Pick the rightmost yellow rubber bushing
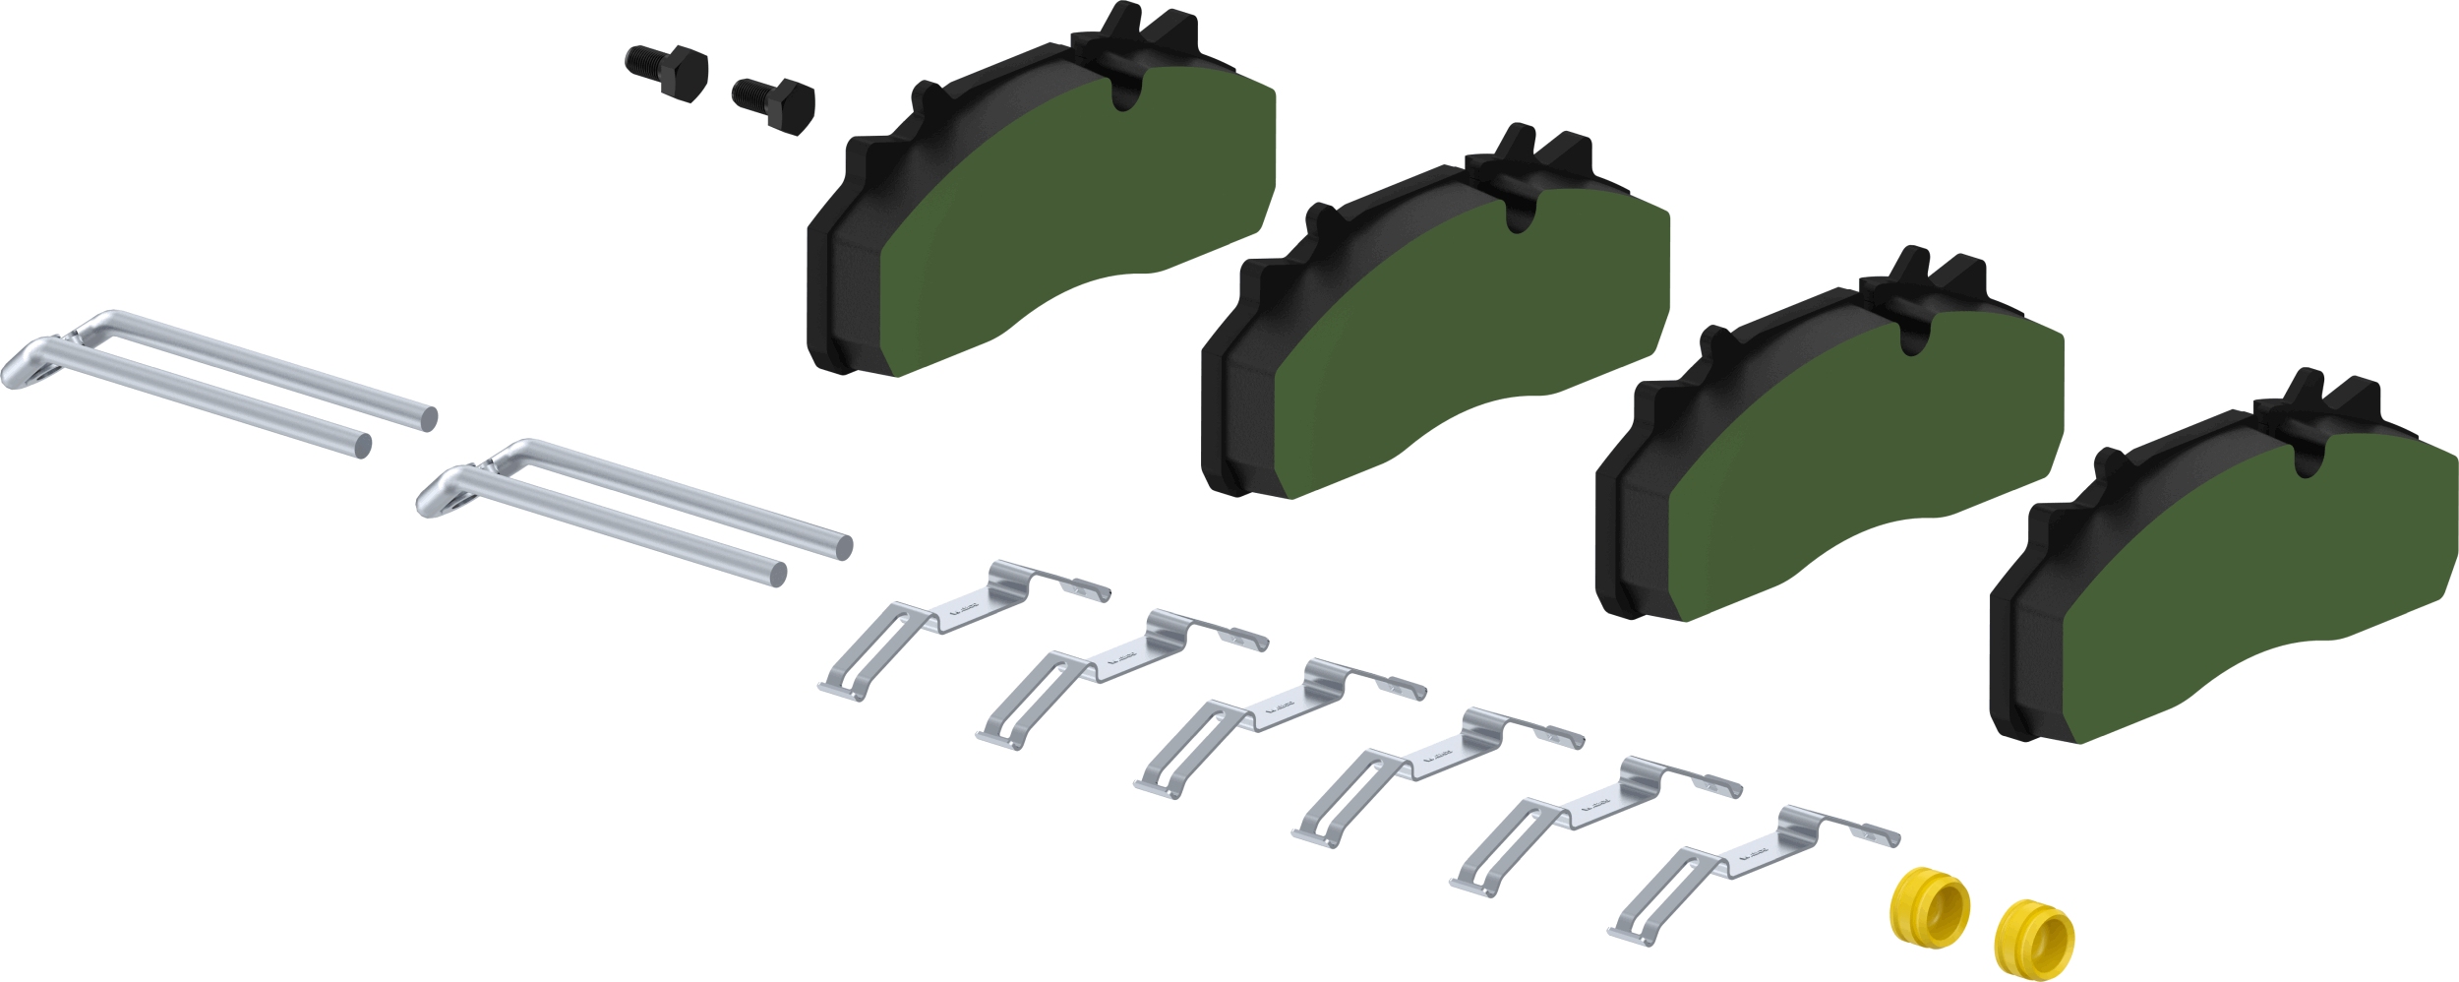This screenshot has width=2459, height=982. pos(2033,939)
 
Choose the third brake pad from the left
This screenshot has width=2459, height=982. pos(1869,453)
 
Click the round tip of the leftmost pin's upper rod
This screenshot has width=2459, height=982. pos(428,419)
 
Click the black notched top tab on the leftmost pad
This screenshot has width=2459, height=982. pos(1131,44)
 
